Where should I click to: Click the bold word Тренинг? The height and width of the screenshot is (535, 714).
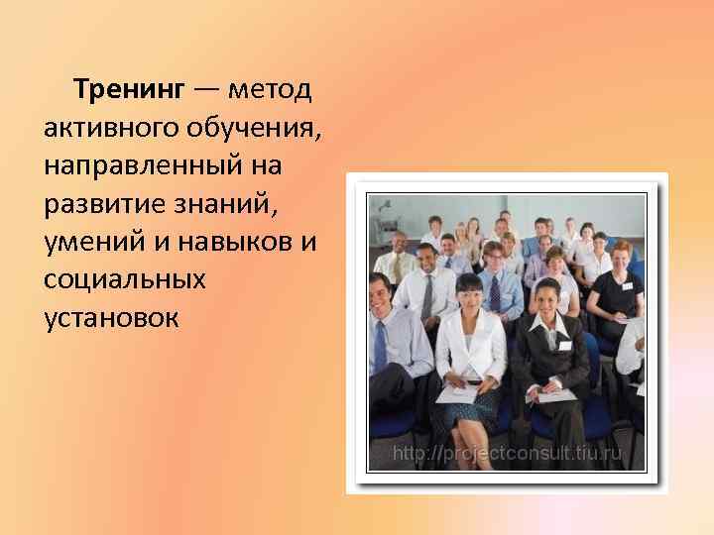pos(128,92)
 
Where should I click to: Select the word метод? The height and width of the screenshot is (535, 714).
pos(270,92)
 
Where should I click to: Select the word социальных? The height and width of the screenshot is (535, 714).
pos(125,280)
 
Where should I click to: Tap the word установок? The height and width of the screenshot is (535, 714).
pos(112,318)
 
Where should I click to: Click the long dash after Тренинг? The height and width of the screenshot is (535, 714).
pos(207,92)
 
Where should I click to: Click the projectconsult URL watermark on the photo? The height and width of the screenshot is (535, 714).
pos(507,454)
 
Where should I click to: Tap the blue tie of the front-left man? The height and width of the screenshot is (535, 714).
pos(381,343)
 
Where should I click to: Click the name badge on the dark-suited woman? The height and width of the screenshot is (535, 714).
pos(565,345)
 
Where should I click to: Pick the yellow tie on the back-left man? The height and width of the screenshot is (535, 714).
pos(398,267)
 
